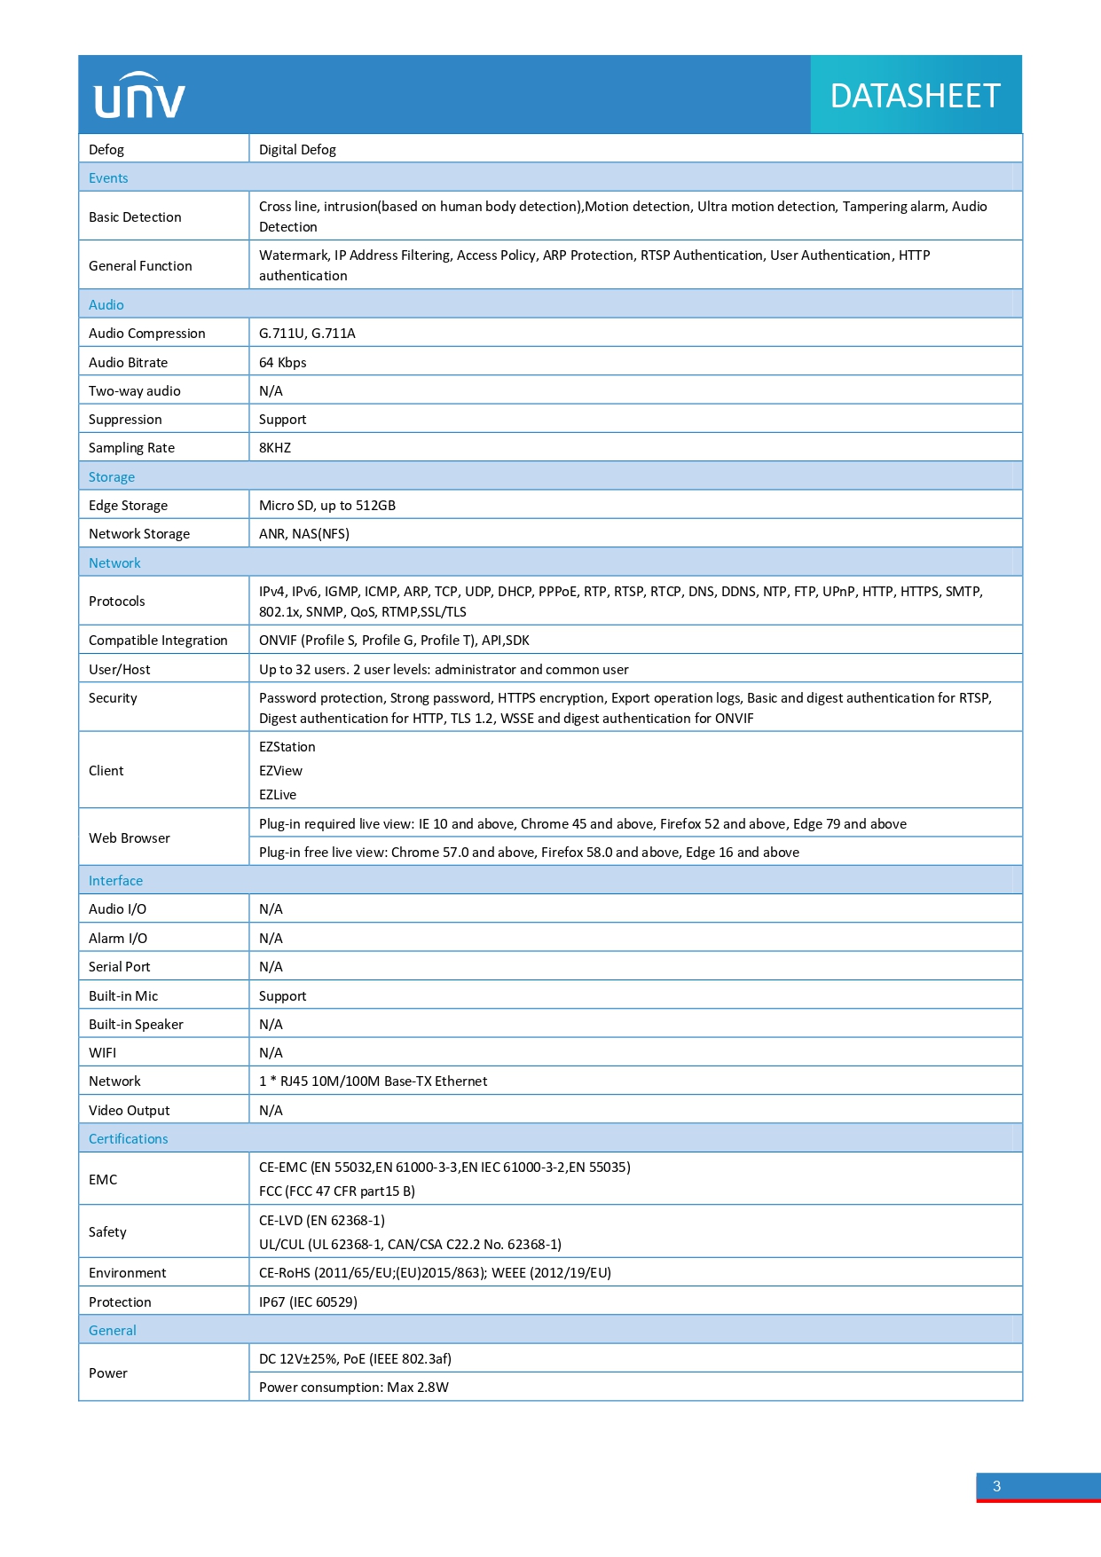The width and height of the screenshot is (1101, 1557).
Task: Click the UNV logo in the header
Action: point(139,96)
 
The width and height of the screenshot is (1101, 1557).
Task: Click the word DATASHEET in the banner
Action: point(915,96)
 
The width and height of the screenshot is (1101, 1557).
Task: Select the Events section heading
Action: point(108,178)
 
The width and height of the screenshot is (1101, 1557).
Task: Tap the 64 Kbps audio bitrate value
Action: point(282,362)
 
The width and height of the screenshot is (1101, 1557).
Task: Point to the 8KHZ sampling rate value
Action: point(275,448)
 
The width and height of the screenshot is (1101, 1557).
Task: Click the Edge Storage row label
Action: point(128,506)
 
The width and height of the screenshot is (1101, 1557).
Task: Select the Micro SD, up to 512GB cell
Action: point(326,506)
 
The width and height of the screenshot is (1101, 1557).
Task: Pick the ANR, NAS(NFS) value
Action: point(303,534)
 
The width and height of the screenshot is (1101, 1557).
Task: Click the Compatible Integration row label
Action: point(158,641)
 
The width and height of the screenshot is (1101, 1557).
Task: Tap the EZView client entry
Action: point(280,771)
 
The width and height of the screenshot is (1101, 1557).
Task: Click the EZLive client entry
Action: point(278,795)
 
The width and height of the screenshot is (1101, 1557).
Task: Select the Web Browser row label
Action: point(130,838)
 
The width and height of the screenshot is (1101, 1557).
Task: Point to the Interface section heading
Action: point(115,881)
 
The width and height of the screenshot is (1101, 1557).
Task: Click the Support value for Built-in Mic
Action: point(282,996)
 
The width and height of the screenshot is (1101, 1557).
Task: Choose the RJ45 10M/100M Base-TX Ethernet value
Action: point(374,1081)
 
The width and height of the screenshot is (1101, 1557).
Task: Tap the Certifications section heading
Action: point(128,1139)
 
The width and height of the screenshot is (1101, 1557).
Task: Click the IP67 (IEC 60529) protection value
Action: point(308,1302)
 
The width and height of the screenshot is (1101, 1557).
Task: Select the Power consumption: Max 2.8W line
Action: point(353,1388)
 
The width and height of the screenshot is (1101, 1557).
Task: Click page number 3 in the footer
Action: point(996,1487)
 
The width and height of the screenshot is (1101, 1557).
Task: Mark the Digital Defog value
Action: point(297,150)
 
